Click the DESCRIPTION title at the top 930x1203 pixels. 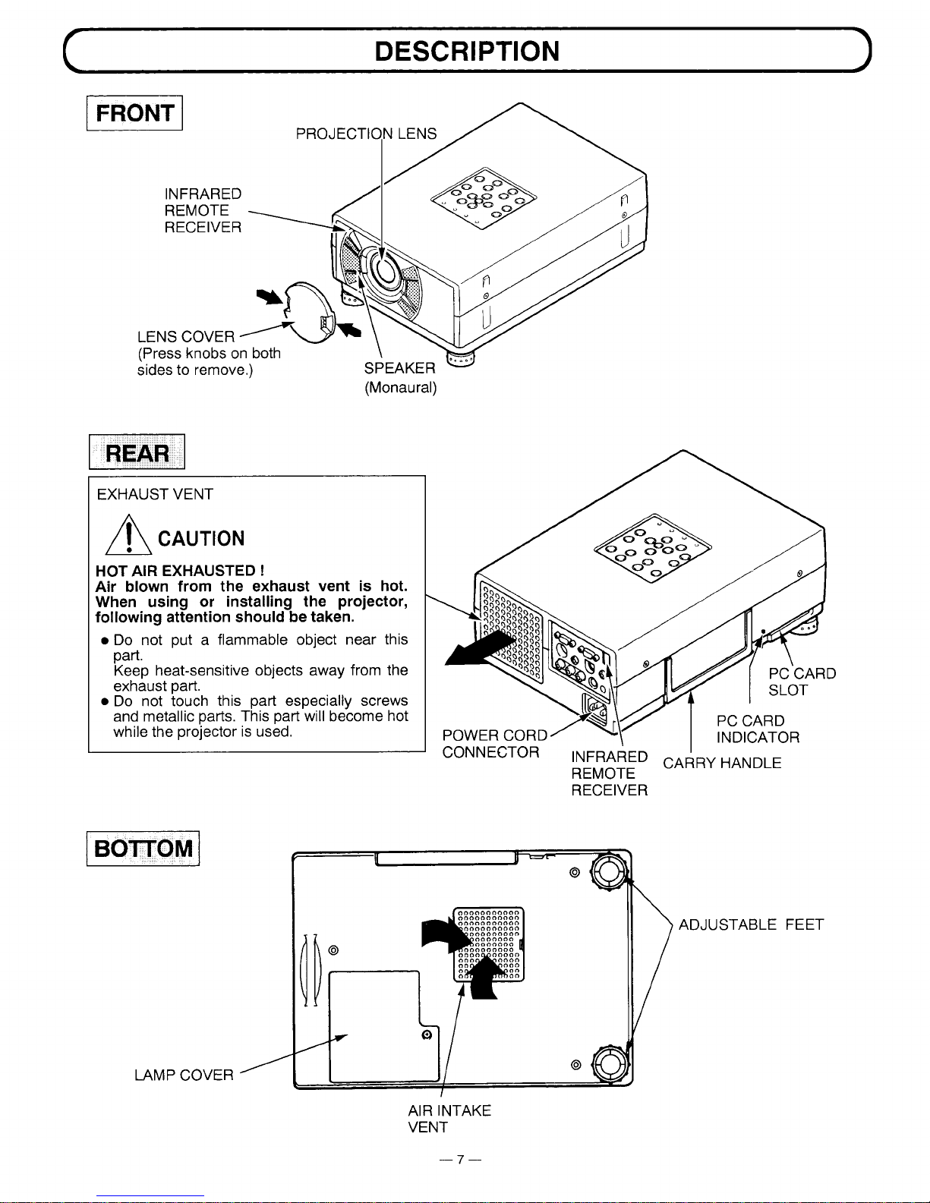tap(467, 51)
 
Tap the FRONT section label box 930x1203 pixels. tap(134, 113)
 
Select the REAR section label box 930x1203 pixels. tap(137, 454)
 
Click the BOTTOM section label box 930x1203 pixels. tap(143, 848)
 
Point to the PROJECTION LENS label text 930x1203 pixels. tap(366, 134)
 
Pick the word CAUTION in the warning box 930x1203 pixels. tap(200, 539)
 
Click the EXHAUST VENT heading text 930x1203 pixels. tap(156, 495)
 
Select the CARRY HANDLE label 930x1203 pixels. tap(721, 764)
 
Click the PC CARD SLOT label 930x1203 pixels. tap(801, 682)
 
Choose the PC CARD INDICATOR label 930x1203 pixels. tap(758, 729)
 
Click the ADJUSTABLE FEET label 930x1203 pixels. tap(751, 924)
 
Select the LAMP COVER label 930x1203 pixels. tap(184, 1075)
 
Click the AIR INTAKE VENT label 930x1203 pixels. tap(449, 1119)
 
